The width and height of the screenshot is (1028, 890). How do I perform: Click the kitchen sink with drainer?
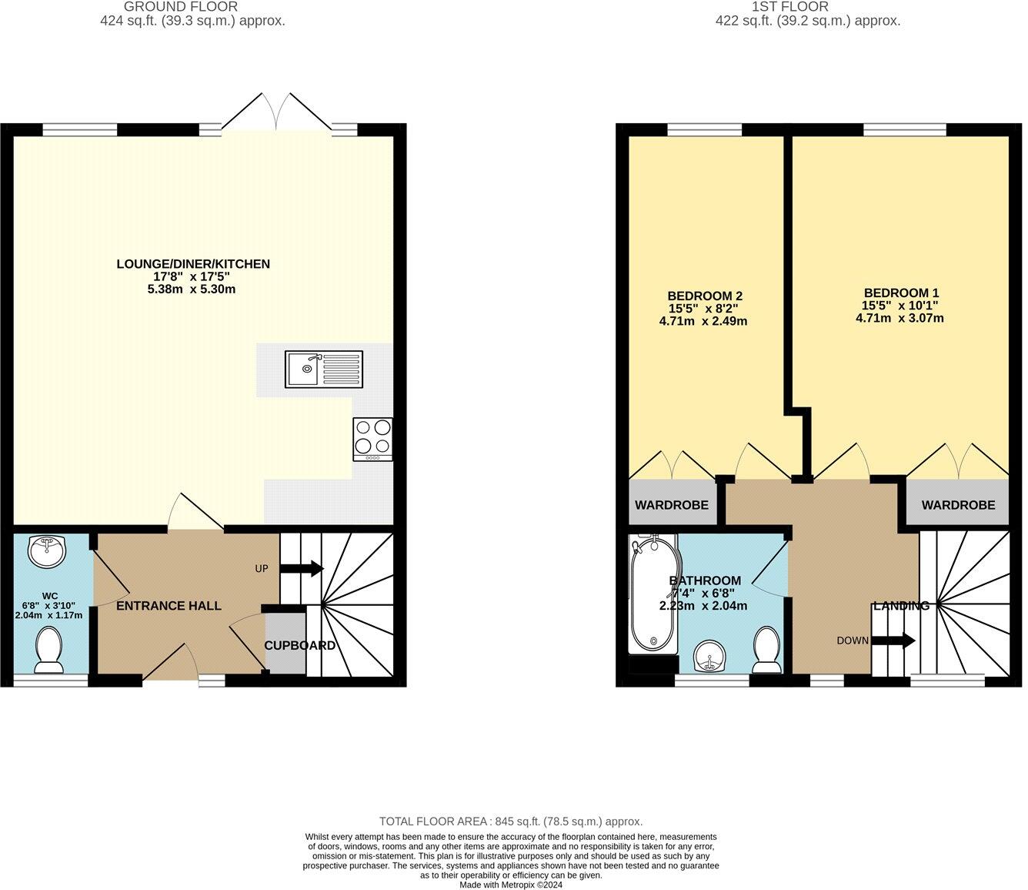pyautogui.click(x=324, y=368)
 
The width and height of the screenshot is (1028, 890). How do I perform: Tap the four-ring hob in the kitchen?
pyautogui.click(x=372, y=439)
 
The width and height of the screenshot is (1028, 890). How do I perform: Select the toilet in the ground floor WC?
pyautogui.click(x=49, y=648)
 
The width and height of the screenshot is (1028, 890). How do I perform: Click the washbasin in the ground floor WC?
pyautogui.click(x=47, y=550)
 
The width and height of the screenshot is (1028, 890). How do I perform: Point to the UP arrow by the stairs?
pyautogui.click(x=301, y=569)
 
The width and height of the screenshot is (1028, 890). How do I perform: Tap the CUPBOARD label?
pyautogui.click(x=300, y=645)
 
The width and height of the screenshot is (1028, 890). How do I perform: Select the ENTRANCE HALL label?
pyautogui.click(x=169, y=606)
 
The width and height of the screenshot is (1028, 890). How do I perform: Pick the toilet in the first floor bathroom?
pyautogui.click(x=767, y=648)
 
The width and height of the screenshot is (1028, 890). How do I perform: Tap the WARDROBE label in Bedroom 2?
pyautogui.click(x=671, y=505)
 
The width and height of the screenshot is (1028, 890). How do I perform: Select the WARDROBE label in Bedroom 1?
pyautogui.click(x=958, y=505)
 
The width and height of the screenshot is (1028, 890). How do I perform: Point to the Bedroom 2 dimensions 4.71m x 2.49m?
pyautogui.click(x=703, y=322)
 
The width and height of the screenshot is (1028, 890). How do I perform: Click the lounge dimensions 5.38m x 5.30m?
pyautogui.click(x=192, y=289)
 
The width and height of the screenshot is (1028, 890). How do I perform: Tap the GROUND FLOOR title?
pyautogui.click(x=192, y=7)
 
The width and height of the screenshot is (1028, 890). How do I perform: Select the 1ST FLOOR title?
pyautogui.click(x=807, y=7)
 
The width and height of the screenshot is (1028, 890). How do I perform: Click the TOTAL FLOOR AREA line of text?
pyautogui.click(x=510, y=821)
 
